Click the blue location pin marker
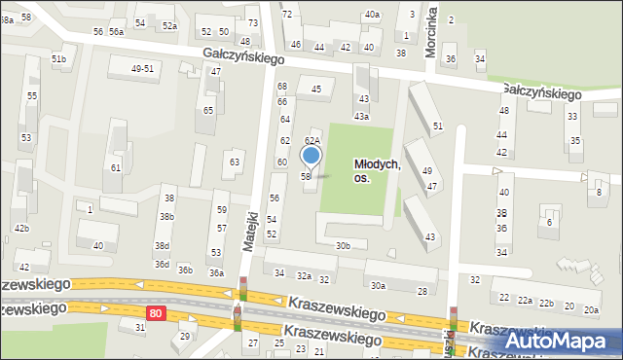coord(311,156)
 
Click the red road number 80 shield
coord(156,312)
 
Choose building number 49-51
coord(142,68)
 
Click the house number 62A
coord(313,141)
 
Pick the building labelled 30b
coord(343,246)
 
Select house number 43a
coord(361,117)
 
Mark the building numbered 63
coord(234,162)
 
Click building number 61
coord(116,168)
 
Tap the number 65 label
coord(208,110)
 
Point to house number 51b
coord(58,59)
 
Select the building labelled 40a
coord(372,15)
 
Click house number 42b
coord(21,228)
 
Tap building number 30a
coord(378,285)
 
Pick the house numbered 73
coord(252,22)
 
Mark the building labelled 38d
coord(162,246)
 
